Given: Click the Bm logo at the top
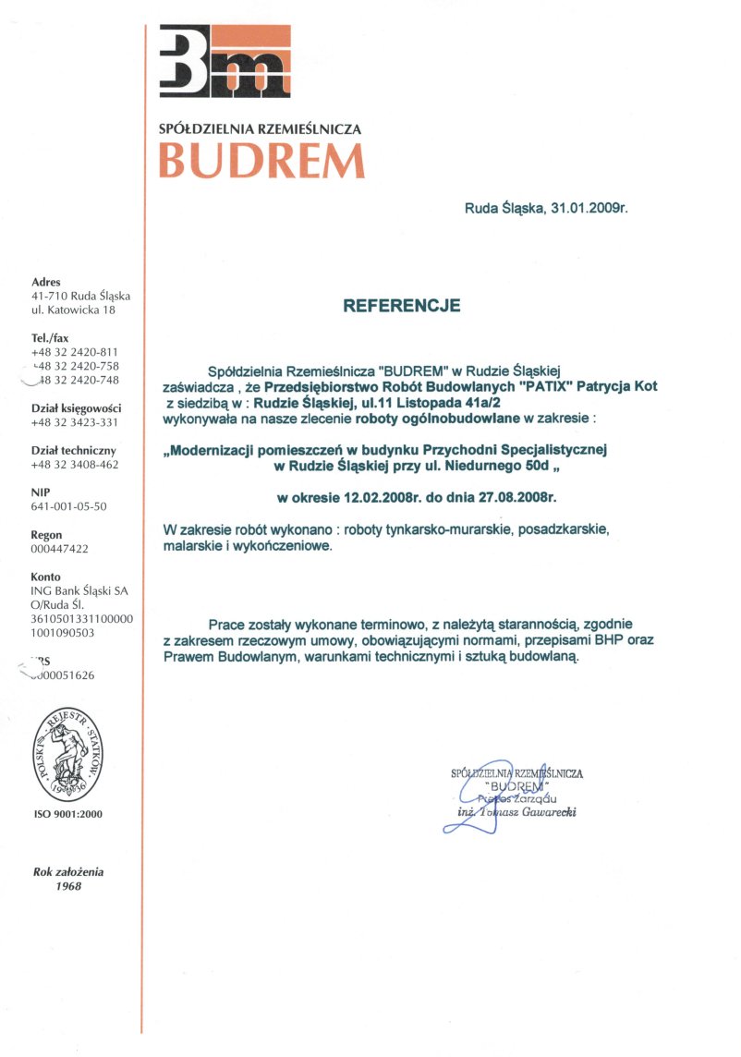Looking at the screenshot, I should point(225,63).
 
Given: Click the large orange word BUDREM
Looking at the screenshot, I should point(261,162).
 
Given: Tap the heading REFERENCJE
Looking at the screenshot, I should point(401,305).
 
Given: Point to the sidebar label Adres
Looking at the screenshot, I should point(45,282).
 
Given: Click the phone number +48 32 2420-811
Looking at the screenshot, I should point(75,352).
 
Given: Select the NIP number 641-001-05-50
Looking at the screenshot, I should point(68,506).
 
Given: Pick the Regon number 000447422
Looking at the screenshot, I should point(60,549).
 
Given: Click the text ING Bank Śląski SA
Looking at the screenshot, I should point(79,590).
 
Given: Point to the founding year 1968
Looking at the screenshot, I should point(67,886).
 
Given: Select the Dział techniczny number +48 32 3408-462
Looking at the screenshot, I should point(75,465).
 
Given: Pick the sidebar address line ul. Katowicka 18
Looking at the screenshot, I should point(74,310).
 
